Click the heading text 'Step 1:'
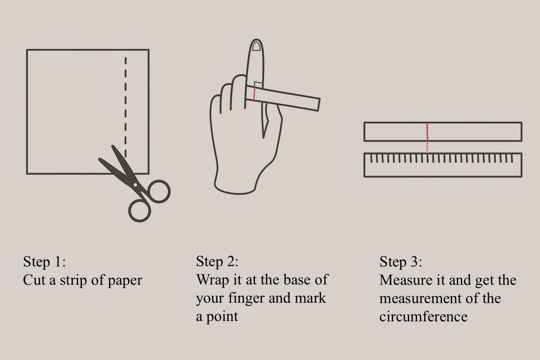point(44,262)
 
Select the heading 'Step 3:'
point(401,262)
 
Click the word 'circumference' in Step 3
point(423,316)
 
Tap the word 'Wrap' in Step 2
point(212,280)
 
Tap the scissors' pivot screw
point(135,185)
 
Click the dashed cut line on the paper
point(126,105)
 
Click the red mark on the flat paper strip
point(427,132)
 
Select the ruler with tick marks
point(443,165)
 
